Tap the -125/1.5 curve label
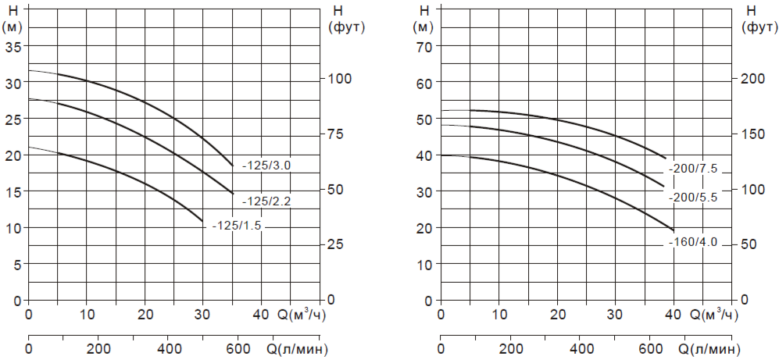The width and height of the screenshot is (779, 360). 237,226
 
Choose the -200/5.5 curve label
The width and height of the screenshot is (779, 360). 692,198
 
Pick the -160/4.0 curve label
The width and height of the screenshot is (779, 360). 692,243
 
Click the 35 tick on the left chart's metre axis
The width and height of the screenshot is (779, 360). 14,45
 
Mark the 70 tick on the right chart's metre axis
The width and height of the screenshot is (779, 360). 426,45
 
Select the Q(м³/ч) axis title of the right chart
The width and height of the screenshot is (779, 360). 713,315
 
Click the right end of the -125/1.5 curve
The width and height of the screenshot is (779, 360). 203,221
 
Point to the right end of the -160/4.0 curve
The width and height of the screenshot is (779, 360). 674,231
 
